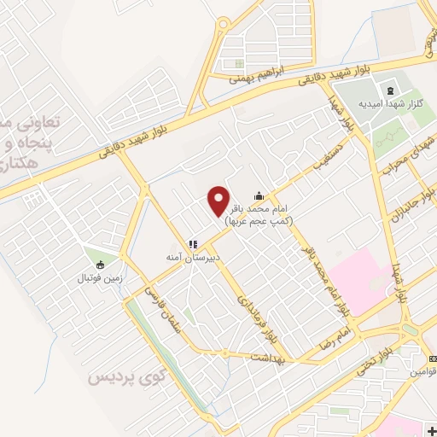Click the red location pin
point(218,201)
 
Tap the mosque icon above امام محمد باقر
point(259,195)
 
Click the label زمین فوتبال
point(101,278)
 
